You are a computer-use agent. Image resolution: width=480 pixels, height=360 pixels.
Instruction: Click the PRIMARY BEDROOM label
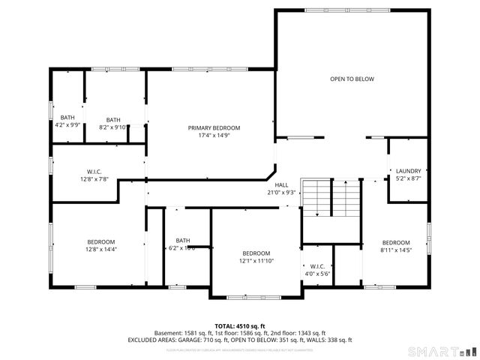tap(214, 128)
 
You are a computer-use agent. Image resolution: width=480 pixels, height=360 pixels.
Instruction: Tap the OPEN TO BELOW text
tap(352, 79)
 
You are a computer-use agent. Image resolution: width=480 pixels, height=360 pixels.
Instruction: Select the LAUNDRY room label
tap(408, 170)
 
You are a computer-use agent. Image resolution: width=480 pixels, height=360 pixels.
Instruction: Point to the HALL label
tap(281, 184)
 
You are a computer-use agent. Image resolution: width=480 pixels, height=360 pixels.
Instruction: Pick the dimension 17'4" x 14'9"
tap(214, 136)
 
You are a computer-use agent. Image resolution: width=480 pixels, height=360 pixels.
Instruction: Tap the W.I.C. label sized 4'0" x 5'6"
tap(316, 266)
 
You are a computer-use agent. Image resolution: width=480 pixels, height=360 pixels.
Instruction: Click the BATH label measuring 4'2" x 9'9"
tap(67, 118)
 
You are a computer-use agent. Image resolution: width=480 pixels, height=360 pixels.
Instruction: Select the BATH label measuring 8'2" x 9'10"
tap(113, 120)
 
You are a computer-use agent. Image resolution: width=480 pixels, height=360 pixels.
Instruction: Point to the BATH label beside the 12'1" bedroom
tap(181, 240)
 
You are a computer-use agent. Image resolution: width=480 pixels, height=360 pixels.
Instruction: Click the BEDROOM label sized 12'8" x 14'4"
tap(101, 241)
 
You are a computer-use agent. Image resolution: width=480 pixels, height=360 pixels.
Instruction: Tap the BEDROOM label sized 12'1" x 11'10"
tap(256, 253)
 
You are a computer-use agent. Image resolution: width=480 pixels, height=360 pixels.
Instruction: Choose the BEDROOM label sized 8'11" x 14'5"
tap(396, 242)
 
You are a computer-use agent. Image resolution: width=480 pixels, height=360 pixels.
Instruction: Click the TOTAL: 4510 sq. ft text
tap(240, 326)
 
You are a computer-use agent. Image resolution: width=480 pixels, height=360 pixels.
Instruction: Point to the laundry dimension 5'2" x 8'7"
tap(408, 178)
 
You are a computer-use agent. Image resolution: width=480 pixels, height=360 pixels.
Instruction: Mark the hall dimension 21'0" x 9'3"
tap(281, 192)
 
